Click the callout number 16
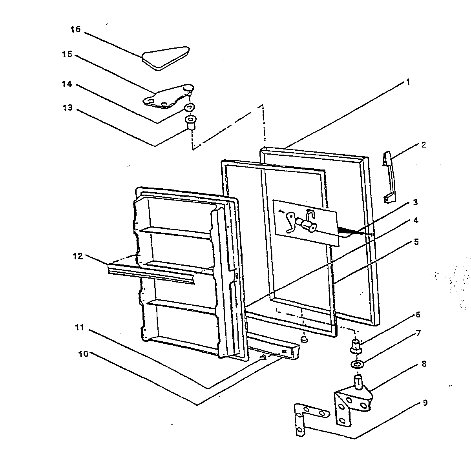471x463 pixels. point(76,29)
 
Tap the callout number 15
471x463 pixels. point(67,54)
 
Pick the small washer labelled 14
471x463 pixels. point(190,107)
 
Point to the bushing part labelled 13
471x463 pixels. point(191,122)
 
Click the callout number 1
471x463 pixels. point(408,82)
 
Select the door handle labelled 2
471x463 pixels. point(388,177)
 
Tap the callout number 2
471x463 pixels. point(424,144)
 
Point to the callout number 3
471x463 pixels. point(415,202)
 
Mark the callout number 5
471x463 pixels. point(416,242)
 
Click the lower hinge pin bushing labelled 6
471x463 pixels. point(356,346)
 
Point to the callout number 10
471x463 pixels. point(84,354)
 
